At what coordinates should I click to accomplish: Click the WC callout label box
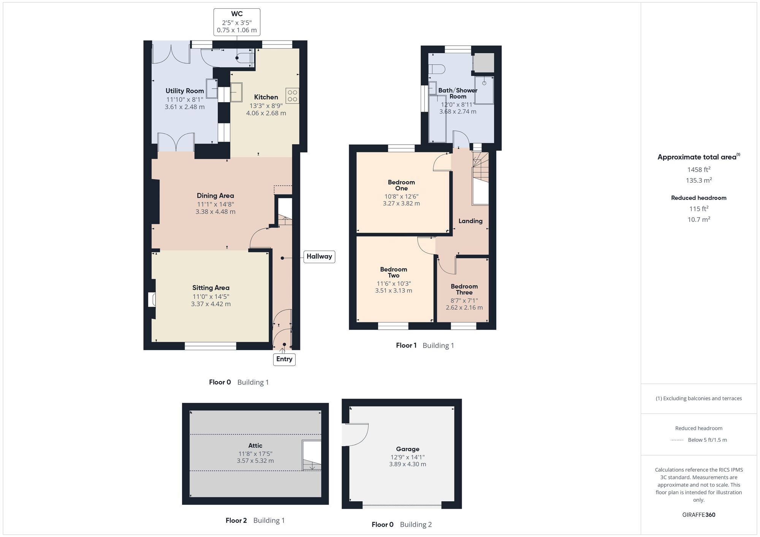(237, 22)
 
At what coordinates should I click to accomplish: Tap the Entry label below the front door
(284, 359)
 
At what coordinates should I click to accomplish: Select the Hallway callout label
(319, 256)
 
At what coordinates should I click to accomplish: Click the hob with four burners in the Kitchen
(292, 96)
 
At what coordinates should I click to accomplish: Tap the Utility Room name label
(185, 91)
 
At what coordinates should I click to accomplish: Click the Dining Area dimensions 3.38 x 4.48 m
(215, 212)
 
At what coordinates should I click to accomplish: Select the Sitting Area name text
(211, 288)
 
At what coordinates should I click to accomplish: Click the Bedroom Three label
(464, 289)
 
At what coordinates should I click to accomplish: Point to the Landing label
(470, 221)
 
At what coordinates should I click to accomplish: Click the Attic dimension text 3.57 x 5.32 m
(255, 461)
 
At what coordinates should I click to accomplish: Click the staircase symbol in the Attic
(312, 455)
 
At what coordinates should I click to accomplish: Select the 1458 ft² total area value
(698, 169)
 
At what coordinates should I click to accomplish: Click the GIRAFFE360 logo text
(698, 515)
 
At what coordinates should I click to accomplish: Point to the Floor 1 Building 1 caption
(425, 345)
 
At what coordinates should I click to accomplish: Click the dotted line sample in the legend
(677, 440)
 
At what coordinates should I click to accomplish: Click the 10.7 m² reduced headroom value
(698, 219)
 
